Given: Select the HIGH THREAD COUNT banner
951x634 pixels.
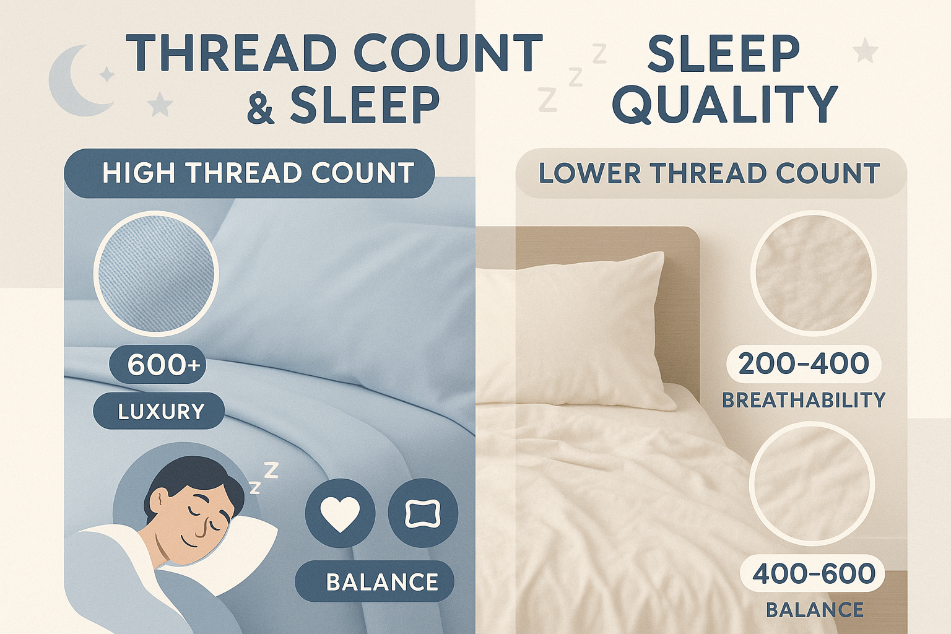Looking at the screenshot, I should pyautogui.click(x=249, y=173).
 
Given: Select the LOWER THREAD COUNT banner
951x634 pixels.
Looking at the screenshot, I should pyautogui.click(x=710, y=173).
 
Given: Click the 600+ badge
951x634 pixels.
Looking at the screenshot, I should pyautogui.click(x=158, y=365).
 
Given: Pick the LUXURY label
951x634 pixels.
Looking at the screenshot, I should pyautogui.click(x=159, y=411).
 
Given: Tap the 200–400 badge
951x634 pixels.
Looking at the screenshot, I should pyautogui.click(x=803, y=364).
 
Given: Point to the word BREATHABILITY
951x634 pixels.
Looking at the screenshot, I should pyautogui.click(x=803, y=401).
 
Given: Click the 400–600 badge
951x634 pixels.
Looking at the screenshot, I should pyautogui.click(x=813, y=574).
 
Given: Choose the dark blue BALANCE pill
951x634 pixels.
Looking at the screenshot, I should pyautogui.click(x=375, y=582).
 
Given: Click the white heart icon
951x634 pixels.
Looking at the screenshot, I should pyautogui.click(x=341, y=513).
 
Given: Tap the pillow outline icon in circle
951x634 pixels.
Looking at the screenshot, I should pyautogui.click(x=423, y=513).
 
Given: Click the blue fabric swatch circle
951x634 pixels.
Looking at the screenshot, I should pyautogui.click(x=156, y=273).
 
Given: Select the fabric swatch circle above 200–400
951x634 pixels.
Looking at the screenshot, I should pyautogui.click(x=813, y=273).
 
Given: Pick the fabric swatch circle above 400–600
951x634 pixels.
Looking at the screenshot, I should pyautogui.click(x=812, y=484).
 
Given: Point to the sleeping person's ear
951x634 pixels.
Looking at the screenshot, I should pyautogui.click(x=158, y=500).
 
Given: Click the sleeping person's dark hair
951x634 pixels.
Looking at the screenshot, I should pyautogui.click(x=186, y=474).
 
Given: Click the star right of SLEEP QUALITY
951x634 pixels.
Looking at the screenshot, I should pyautogui.click(x=865, y=50).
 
